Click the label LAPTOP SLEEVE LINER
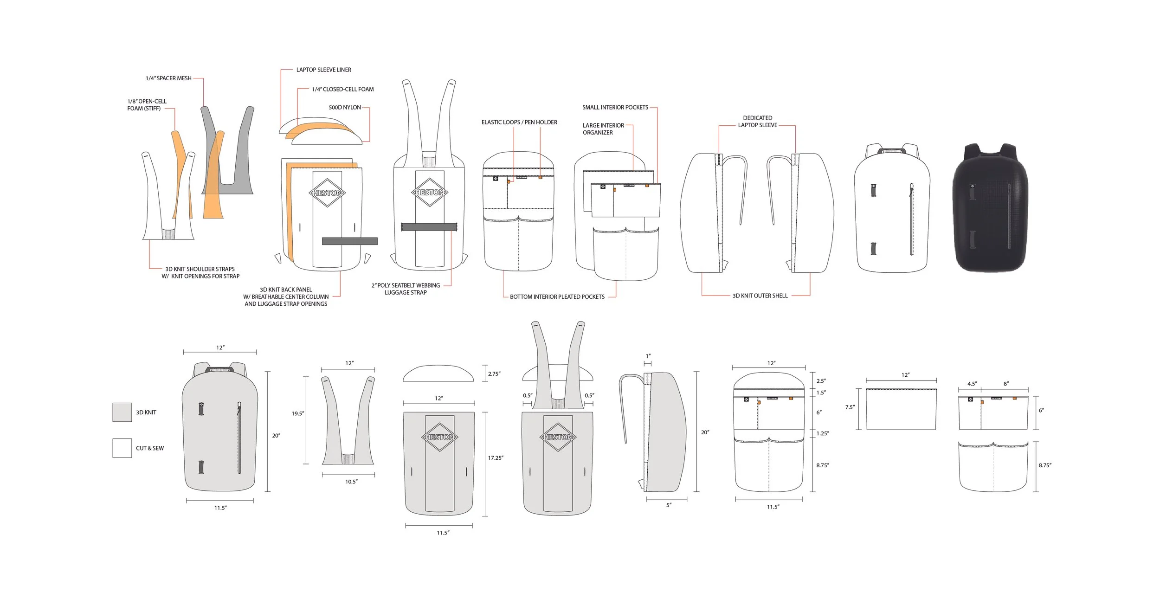[323, 70]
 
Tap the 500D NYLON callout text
[345, 107]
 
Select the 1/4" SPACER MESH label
[168, 78]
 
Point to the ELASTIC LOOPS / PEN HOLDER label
[519, 122]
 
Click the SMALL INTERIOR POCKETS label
[615, 107]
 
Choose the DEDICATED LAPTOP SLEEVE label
[757, 122]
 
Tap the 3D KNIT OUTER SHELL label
[760, 296]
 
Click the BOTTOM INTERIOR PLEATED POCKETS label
[557, 296]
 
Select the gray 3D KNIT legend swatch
[122, 412]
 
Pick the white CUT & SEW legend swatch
[122, 448]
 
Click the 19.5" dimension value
[298, 413]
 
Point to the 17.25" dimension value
[496, 457]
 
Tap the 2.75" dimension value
[494, 374]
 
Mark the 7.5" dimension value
[850, 407]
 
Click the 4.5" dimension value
[972, 384]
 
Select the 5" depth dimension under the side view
[669, 505]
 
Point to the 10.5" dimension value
[351, 482]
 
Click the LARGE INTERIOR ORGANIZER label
[603, 129]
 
